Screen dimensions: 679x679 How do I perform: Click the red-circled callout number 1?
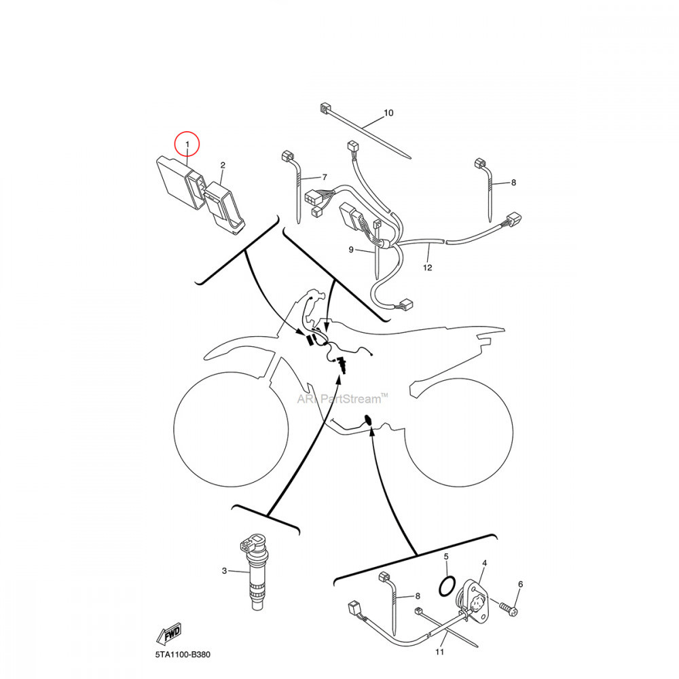point(187,144)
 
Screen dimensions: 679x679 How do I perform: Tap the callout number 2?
point(223,165)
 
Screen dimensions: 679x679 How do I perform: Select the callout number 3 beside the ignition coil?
point(224,571)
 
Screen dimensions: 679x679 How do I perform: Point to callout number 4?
point(485,563)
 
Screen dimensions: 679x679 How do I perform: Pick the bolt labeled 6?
point(509,607)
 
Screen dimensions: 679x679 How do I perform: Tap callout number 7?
point(325,177)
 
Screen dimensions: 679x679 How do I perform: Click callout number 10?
point(388,113)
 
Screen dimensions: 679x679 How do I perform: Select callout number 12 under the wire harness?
point(427,268)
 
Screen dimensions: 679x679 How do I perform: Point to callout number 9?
point(351,249)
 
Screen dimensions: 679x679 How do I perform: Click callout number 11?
point(439,652)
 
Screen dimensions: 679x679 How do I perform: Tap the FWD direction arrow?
point(169,634)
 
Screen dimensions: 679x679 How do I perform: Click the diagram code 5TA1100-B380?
point(183,655)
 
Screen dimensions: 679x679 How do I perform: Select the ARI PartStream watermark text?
point(342,399)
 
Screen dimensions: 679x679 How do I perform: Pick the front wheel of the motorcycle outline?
point(231,429)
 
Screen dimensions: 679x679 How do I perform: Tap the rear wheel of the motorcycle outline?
point(459,433)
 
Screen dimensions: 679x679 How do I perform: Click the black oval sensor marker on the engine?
point(369,420)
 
